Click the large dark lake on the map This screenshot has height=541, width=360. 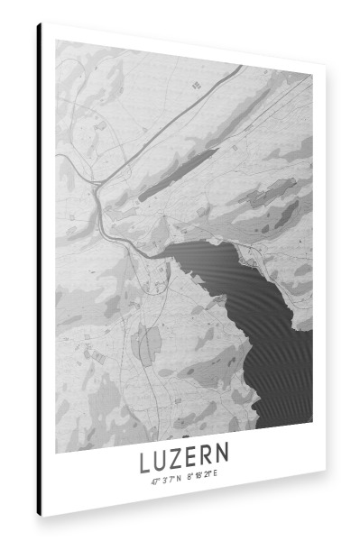(271, 343)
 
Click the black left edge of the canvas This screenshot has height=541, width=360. (40, 270)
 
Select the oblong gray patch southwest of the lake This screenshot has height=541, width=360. (147, 344)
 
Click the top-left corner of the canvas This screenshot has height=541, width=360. (39, 23)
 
